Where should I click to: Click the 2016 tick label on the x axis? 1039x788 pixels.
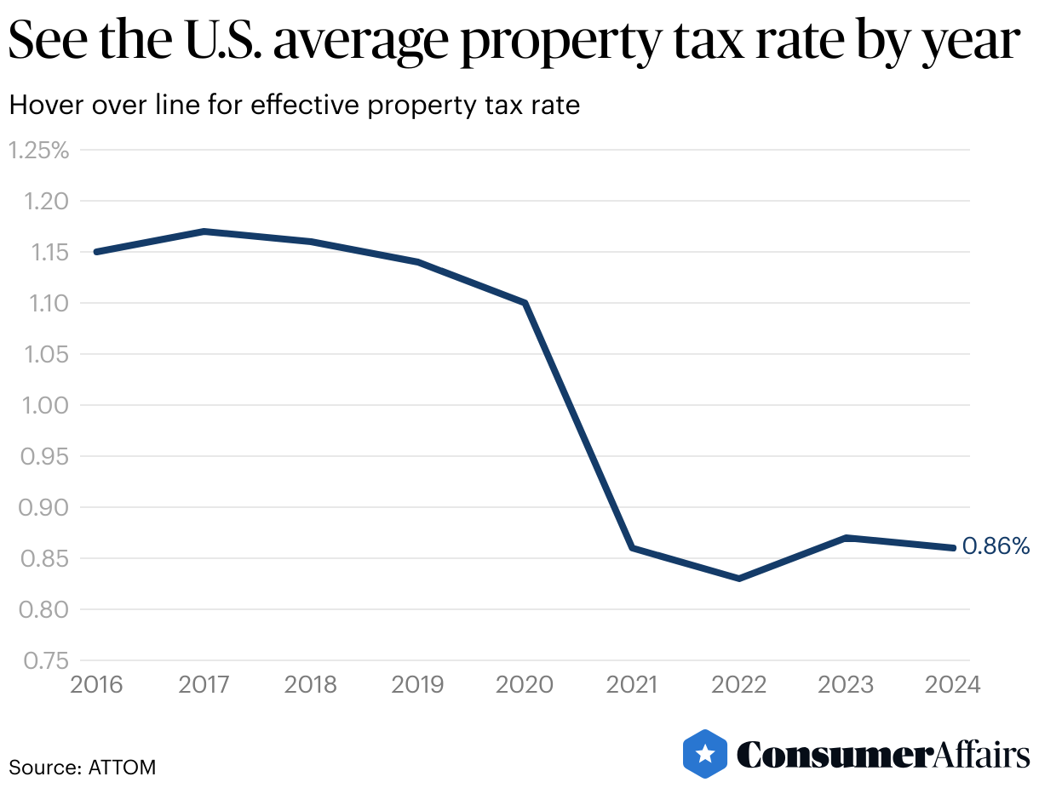(x=96, y=685)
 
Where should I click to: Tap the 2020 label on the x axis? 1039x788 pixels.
(x=525, y=685)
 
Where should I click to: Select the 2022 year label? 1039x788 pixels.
(x=739, y=685)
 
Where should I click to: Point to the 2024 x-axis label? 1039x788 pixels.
(x=953, y=685)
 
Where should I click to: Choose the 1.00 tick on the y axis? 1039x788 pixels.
(x=43, y=406)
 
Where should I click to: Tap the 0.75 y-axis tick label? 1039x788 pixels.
(x=43, y=661)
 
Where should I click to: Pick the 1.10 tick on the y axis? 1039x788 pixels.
(x=43, y=304)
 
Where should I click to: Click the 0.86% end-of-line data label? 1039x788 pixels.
(x=996, y=546)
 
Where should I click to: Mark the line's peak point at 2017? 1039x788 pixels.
(x=204, y=231)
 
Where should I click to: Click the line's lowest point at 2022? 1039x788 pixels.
(x=739, y=579)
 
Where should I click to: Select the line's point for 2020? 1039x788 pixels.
(x=525, y=303)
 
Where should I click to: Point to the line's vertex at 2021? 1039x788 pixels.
(x=632, y=548)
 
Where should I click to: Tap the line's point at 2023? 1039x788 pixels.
(x=846, y=538)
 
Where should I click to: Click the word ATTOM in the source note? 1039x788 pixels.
(x=122, y=767)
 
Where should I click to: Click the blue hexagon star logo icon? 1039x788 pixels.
(x=705, y=753)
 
